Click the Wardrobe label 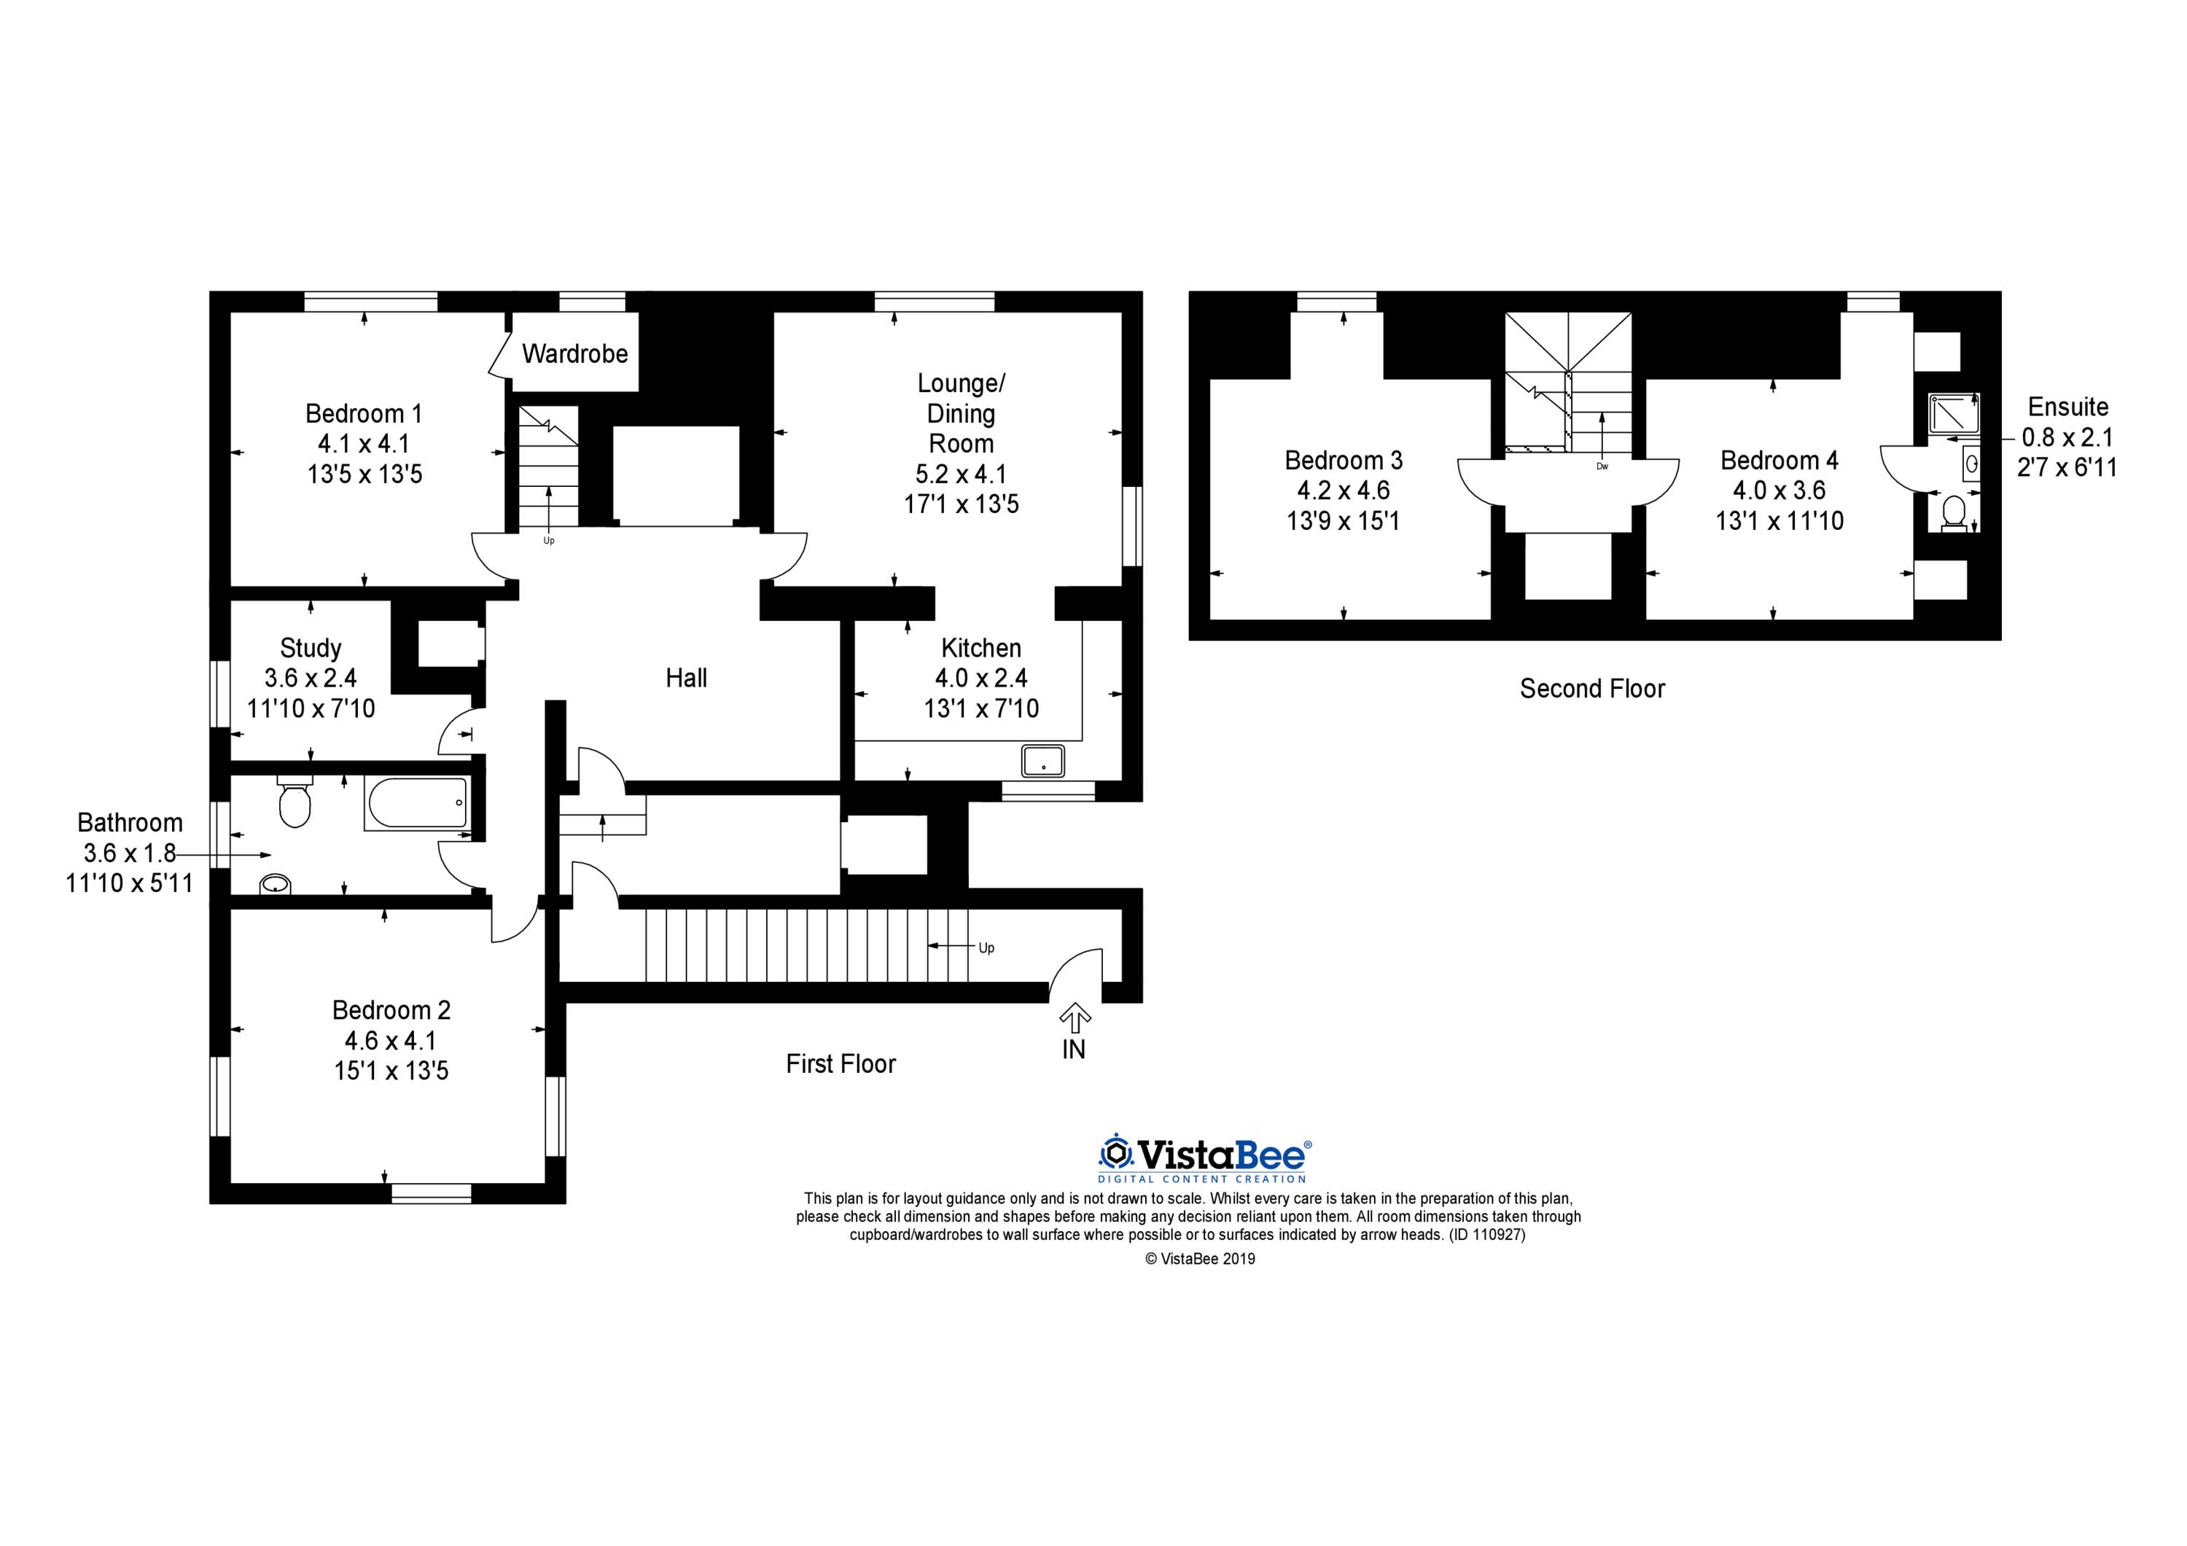coord(574,354)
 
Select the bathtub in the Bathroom coord(417,803)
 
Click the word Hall coord(686,677)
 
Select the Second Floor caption coord(1591,688)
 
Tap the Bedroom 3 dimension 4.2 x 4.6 coord(1343,491)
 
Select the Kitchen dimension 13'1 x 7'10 coord(981,708)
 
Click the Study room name coord(311,648)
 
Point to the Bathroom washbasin coord(276,885)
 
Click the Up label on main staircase coord(986,948)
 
